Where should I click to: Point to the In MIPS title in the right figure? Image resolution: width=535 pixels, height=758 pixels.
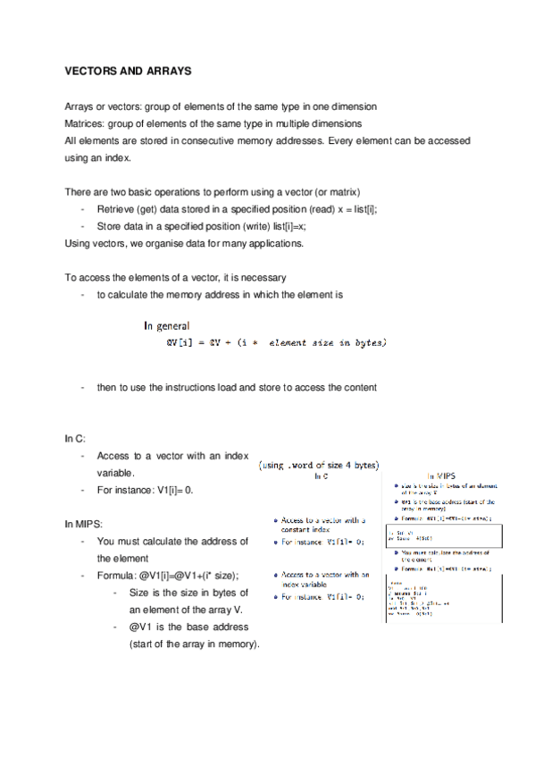(443, 475)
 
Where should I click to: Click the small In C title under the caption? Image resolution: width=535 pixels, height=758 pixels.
(322, 476)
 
